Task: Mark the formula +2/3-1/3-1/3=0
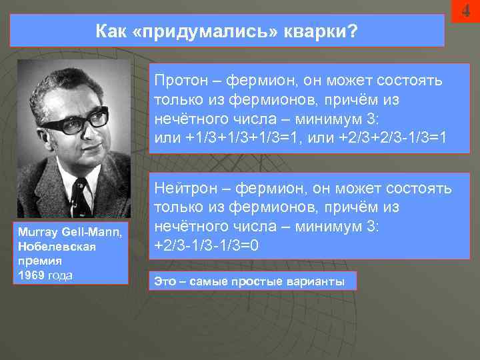coord(206,245)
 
